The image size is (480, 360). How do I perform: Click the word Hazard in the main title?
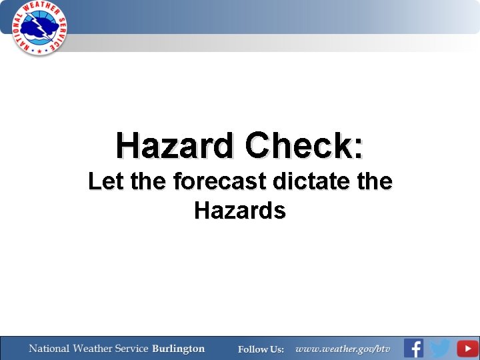coord(175,145)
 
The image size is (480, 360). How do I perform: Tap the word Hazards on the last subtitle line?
coord(240,211)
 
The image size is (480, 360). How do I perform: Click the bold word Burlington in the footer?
coord(178,349)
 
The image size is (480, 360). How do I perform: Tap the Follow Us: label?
coord(261,349)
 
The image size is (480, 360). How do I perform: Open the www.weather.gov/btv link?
coord(343,349)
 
